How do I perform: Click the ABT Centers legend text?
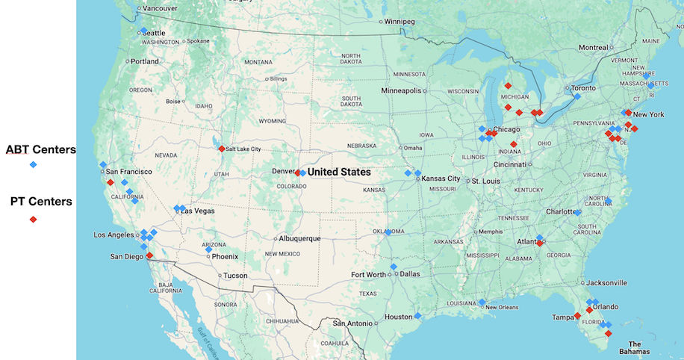(40, 149)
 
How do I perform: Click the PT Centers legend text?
(40, 201)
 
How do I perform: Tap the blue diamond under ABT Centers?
(33, 164)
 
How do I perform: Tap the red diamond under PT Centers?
(33, 220)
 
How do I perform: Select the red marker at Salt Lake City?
(221, 148)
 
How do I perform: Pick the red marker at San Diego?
(149, 255)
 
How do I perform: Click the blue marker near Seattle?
(143, 31)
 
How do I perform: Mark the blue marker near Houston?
(418, 315)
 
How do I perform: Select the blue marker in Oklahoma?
(388, 232)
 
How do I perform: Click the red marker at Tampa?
(577, 316)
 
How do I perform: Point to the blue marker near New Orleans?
(482, 302)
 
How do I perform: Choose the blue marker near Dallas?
(394, 267)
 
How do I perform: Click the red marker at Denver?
(297, 173)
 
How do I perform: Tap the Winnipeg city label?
(399, 21)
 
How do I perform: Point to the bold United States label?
(339, 172)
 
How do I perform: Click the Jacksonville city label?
(606, 283)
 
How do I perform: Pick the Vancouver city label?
(160, 8)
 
